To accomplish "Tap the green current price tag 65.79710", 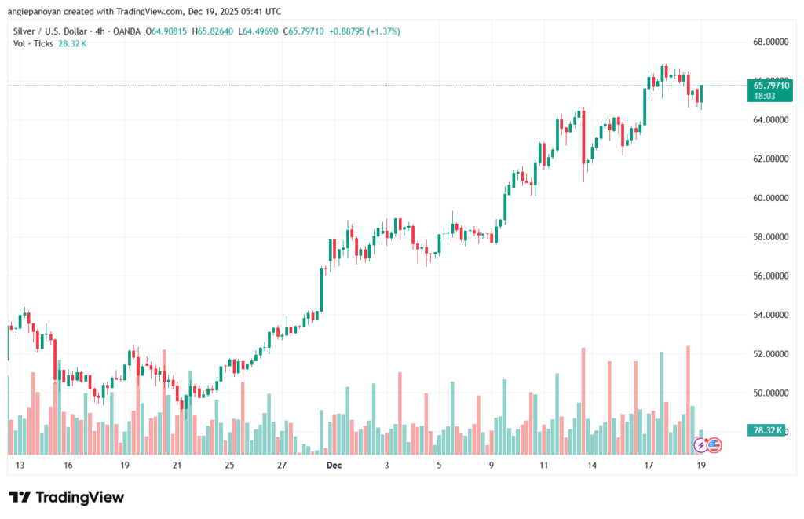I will (769, 85).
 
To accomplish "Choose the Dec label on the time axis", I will (335, 466).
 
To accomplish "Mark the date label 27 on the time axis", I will (282, 466).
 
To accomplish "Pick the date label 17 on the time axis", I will (649, 466).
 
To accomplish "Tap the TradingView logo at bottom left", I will (67, 497).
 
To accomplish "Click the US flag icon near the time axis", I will (714, 445).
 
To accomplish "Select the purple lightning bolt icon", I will (700, 445).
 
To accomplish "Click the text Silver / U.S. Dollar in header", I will (49, 31).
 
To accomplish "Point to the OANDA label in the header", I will (126, 31).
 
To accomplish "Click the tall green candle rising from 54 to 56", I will (322, 290).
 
